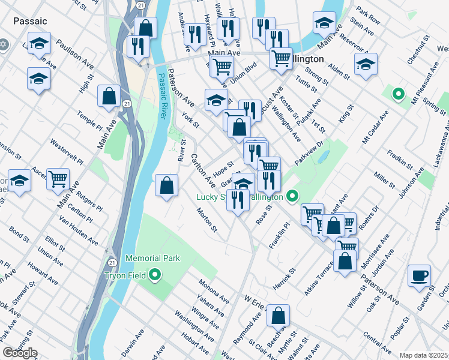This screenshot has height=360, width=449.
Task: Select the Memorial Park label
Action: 152,259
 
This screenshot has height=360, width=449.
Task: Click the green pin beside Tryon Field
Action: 155,275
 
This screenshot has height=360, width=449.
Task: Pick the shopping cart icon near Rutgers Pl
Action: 58,178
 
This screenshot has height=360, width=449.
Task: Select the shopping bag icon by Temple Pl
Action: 109,96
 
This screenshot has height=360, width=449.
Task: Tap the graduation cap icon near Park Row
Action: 324,23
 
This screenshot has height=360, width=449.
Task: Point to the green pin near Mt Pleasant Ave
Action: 397,94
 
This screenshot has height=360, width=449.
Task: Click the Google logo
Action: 20,353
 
